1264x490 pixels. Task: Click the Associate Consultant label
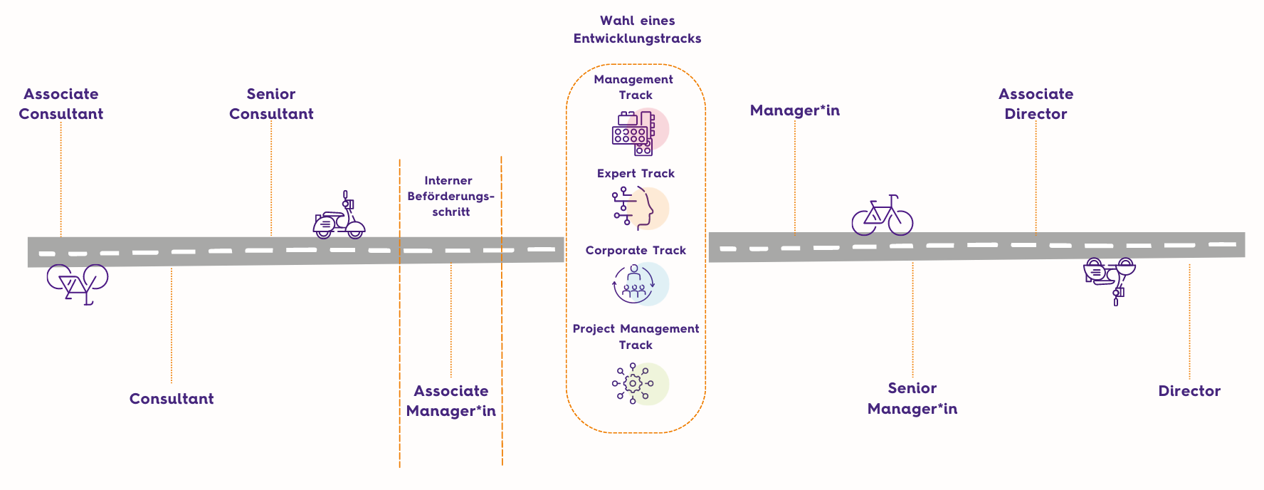pos(61,104)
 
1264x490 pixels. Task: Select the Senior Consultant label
pos(271,104)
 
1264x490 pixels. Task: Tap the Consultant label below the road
pos(172,399)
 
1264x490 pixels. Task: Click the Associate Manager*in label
pos(451,401)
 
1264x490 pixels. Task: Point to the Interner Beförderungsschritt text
pos(450,196)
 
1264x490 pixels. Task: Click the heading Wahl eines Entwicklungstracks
pos(637,30)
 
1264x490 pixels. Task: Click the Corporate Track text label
pos(636,251)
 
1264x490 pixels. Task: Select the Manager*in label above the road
pos(795,110)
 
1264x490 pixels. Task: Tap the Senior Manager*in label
pos(912,398)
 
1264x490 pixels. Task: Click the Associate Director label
pos(1036,104)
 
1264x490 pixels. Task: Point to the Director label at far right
pos(1189,391)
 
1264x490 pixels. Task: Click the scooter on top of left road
pos(339,218)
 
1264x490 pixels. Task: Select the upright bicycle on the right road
pos(883,216)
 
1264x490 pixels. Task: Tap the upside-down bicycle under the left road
pos(78,283)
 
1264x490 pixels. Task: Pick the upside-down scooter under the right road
pos(1109,278)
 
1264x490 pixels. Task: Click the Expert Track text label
pos(636,174)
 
